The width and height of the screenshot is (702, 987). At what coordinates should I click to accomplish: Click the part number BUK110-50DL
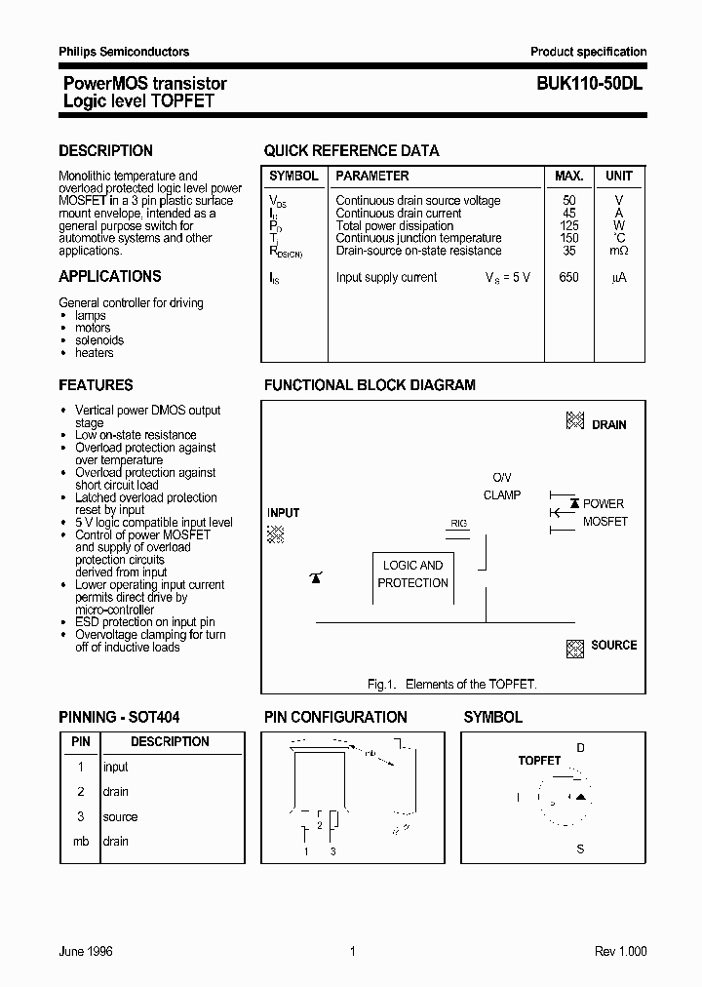(x=589, y=84)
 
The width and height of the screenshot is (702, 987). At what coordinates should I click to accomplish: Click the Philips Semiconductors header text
(x=124, y=52)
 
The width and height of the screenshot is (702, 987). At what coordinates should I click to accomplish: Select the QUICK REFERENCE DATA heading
(x=351, y=151)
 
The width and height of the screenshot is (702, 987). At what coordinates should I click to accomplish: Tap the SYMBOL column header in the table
(x=293, y=177)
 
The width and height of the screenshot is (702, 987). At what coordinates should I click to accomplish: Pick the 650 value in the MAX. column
(x=568, y=278)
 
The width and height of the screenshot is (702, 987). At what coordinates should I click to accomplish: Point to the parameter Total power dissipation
(x=394, y=226)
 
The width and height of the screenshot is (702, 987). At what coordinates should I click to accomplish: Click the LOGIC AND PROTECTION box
(x=412, y=574)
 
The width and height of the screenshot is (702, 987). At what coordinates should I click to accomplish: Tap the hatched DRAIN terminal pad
(x=575, y=421)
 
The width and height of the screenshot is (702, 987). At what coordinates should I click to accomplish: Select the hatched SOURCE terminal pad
(x=574, y=647)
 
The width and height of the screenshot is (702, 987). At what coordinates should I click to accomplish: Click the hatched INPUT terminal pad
(x=277, y=533)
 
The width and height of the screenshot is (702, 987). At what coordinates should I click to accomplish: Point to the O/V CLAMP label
(x=501, y=487)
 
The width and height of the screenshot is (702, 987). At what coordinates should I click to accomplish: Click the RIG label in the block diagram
(x=458, y=524)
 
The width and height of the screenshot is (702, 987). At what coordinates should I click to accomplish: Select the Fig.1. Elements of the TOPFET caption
(x=451, y=684)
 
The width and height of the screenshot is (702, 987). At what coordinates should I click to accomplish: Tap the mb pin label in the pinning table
(x=81, y=842)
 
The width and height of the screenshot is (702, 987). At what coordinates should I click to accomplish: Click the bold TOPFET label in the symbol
(x=539, y=760)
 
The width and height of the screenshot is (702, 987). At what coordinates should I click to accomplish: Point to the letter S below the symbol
(x=580, y=849)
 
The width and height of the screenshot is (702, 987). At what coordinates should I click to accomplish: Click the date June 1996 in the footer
(x=86, y=952)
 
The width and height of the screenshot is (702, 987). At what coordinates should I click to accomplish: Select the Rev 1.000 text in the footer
(x=620, y=952)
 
